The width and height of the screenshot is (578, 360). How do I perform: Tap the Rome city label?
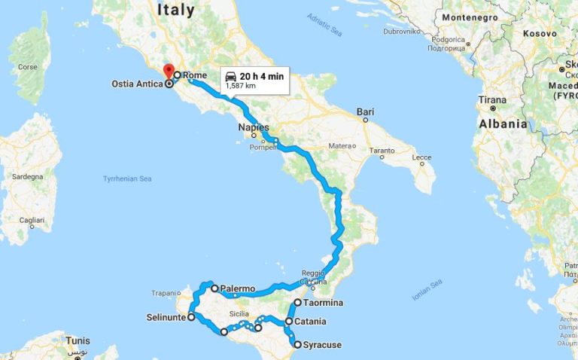tap(194, 75)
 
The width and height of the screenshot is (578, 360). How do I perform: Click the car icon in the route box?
tap(230, 77)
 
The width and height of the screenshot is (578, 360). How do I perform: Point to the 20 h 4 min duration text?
tap(261, 77)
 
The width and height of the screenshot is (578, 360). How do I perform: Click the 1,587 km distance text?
tap(241, 87)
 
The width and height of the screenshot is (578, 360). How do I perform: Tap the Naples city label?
tap(253, 127)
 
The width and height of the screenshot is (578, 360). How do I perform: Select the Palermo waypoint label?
tap(239, 288)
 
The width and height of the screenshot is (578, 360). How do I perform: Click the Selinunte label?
tap(165, 317)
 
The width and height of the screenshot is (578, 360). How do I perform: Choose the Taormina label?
tap(324, 303)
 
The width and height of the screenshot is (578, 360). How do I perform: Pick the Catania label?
tap(310, 322)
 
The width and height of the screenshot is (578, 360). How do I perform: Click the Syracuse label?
tap(322, 345)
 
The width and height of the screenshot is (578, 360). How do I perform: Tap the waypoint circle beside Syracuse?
tap(297, 345)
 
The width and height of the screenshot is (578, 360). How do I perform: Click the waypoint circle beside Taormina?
tap(297, 303)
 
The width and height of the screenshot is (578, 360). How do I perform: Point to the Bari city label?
tap(366, 112)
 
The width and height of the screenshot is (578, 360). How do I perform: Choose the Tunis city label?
tap(78, 340)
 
